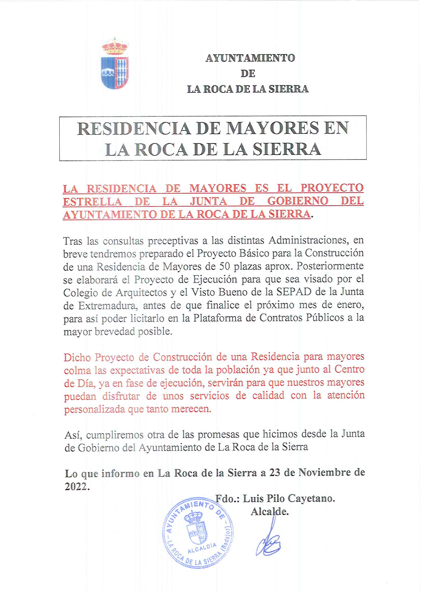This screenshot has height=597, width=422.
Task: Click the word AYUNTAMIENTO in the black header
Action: coord(250,58)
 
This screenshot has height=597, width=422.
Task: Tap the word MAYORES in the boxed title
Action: coord(272,128)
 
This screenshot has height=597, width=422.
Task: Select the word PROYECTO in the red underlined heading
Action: coord(332,188)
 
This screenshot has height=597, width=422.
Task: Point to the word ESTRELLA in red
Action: coord(92,201)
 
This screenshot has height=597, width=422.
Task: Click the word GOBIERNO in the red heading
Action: coord(298,201)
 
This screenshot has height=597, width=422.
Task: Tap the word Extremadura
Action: coord(108,305)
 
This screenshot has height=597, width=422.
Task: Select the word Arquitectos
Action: coord(141,293)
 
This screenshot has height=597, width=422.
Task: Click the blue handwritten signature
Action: coord(268,544)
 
